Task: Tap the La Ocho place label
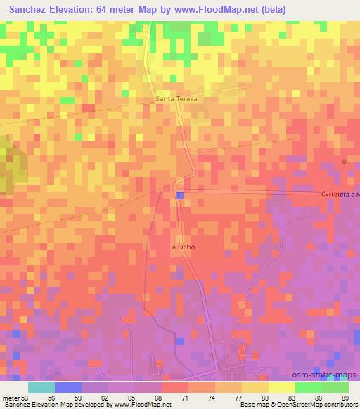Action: (x=181, y=247)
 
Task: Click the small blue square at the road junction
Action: (x=181, y=195)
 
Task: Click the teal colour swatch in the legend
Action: (x=41, y=387)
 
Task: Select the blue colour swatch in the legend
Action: (x=68, y=387)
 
